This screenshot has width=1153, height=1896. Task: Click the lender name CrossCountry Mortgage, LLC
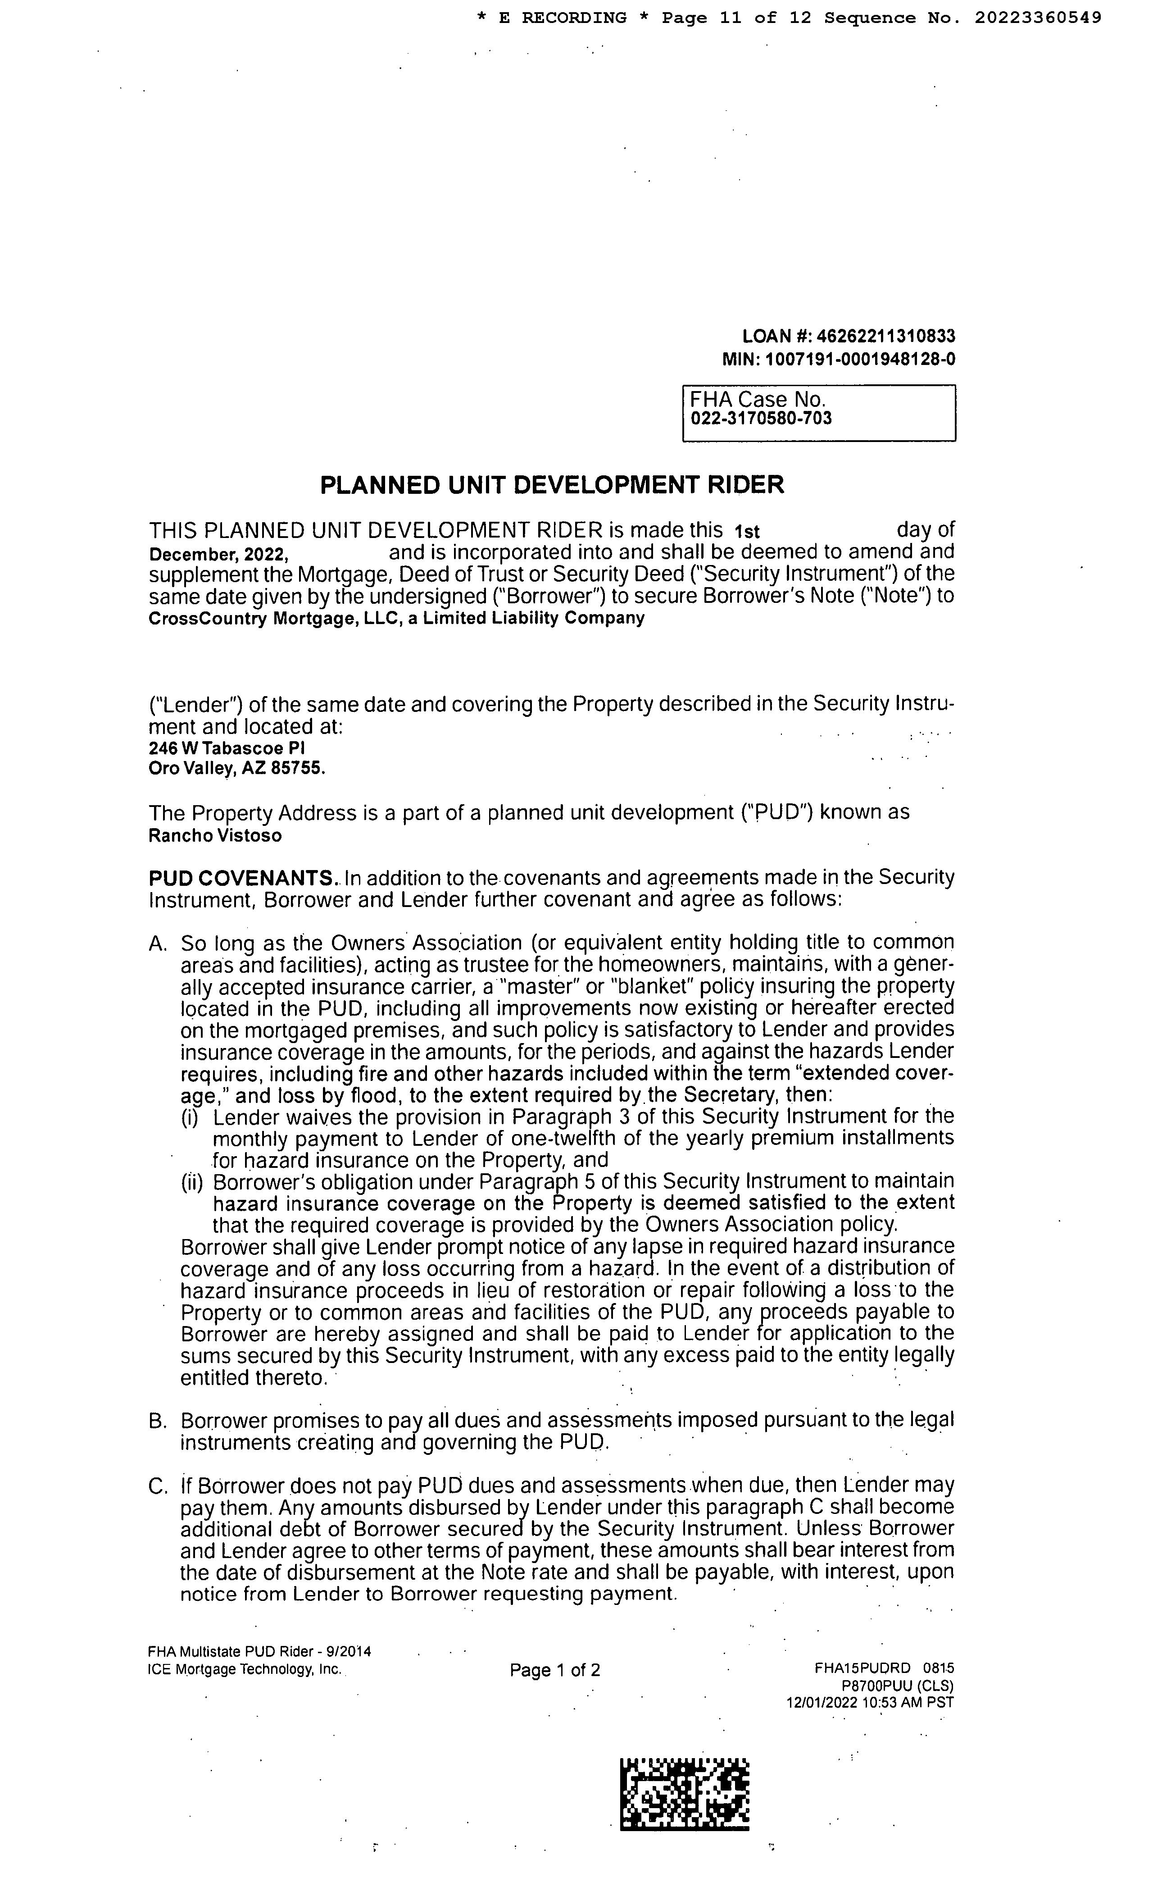(272, 618)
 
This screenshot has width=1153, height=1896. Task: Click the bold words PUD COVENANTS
(241, 878)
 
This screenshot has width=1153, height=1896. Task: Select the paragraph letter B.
(156, 1421)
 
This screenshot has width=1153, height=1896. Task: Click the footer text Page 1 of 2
(554, 1670)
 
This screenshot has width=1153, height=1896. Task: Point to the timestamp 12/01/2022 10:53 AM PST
(869, 1703)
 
